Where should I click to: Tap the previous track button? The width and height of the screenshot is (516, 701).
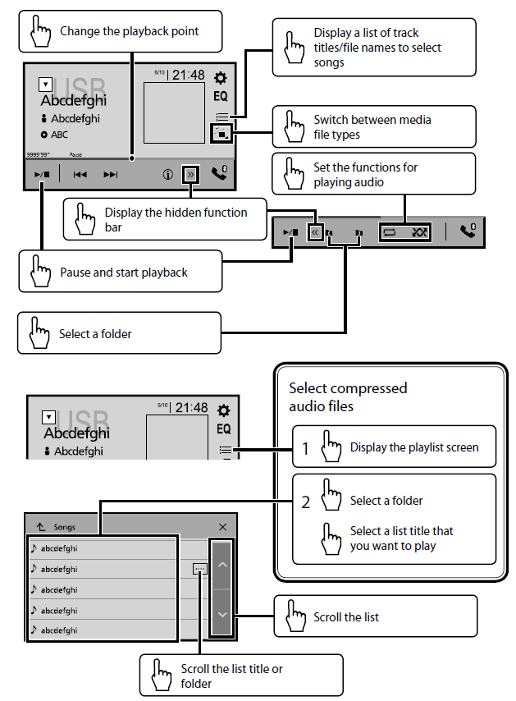tap(80, 175)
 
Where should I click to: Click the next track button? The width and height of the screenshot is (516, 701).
tap(111, 175)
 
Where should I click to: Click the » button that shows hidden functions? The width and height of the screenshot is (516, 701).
tap(190, 175)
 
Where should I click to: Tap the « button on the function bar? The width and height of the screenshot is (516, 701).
tap(314, 232)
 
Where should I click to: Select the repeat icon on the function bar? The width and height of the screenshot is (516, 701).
tap(390, 232)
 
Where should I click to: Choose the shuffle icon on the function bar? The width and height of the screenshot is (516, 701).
tap(420, 232)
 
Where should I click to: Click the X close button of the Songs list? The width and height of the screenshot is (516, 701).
tap(223, 527)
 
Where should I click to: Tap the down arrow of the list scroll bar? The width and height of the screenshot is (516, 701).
tap(222, 613)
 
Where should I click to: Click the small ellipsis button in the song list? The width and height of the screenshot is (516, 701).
tap(200, 568)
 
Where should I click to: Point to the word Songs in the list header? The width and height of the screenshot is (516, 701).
tap(64, 527)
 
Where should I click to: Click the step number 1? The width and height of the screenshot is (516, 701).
tap(304, 448)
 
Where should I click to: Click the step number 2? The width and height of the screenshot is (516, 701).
tap(305, 502)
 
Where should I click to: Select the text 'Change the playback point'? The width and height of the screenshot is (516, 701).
tap(129, 32)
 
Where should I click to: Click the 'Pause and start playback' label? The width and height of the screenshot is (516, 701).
tap(124, 273)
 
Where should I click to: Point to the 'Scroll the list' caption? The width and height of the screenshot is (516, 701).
tap(346, 616)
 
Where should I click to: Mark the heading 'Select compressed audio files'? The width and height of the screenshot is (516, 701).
tap(348, 396)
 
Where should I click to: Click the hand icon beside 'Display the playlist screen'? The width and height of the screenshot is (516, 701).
tap(331, 447)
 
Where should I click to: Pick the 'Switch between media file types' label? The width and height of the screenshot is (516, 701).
tap(372, 127)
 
